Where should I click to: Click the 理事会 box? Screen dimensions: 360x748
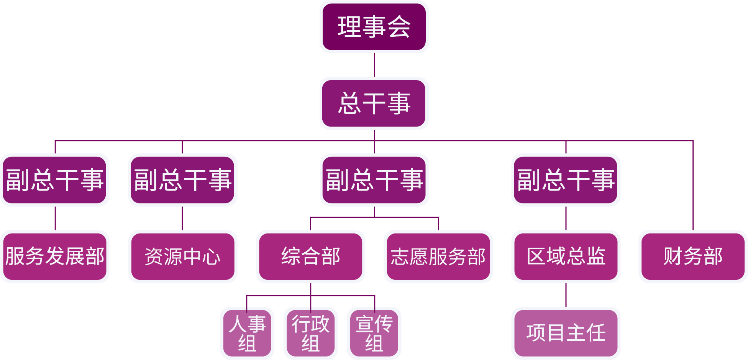tap(374, 27)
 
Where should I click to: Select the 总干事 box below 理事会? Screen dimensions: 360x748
tap(374, 104)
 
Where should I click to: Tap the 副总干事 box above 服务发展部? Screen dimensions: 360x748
tap(55, 180)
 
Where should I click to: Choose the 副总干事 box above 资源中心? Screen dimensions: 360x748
tap(182, 180)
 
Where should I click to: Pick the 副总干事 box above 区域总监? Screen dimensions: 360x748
tap(566, 180)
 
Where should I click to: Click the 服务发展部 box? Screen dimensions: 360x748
tap(55, 256)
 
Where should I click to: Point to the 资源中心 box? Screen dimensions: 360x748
tap(182, 256)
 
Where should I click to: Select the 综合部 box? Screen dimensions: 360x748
tap(310, 256)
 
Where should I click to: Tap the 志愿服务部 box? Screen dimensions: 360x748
tap(438, 256)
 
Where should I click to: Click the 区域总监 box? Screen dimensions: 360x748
tap(566, 256)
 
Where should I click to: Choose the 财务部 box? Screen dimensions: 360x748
tap(693, 256)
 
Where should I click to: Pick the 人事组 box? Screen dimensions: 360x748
tap(247, 333)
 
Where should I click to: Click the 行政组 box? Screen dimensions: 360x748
tap(310, 333)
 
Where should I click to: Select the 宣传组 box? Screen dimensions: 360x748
tap(374, 333)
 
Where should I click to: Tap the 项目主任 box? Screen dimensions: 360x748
tap(566, 333)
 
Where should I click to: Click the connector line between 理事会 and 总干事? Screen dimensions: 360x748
tap(374, 65)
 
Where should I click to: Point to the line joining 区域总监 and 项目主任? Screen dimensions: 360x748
tap(566, 295)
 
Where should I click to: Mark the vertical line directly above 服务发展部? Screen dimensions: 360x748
tap(55, 218)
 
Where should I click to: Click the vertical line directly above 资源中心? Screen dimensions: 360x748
tap(182, 218)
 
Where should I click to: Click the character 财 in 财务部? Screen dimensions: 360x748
tap(673, 256)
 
